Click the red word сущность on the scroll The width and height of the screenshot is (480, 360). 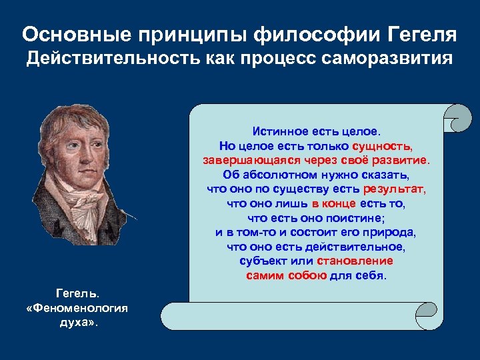[382, 145]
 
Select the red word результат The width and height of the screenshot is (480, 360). [395, 189]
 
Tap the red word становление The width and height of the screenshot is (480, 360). [355, 261]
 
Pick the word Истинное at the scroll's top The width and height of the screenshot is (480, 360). [280, 130]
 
